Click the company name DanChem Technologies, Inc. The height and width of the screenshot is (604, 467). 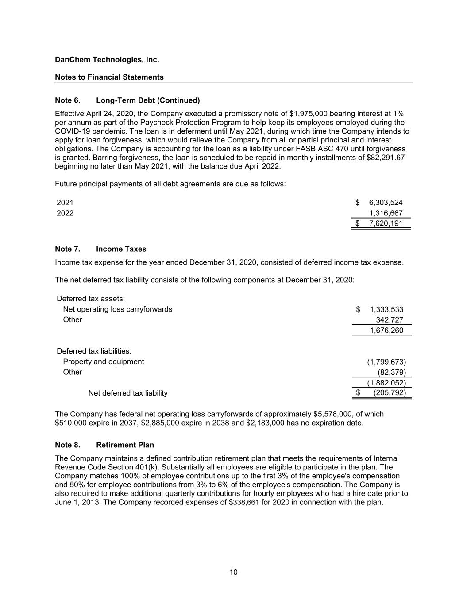tap(107, 59)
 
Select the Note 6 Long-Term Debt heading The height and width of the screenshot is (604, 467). tap(127, 100)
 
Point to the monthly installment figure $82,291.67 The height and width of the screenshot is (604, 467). tap(386, 158)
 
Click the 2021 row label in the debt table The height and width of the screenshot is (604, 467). tap(65, 203)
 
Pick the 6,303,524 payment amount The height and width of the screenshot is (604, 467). tap(386, 203)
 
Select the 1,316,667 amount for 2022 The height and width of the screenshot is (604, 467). tap(386, 213)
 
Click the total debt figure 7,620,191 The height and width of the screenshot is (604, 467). tap(386, 223)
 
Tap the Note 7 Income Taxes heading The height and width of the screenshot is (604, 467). tap(100, 249)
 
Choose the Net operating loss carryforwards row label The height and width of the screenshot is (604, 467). tap(117, 309)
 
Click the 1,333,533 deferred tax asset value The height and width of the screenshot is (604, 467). tap(386, 310)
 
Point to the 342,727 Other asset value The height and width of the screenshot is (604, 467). tap(390, 320)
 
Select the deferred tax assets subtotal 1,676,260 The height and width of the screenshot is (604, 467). tap(386, 331)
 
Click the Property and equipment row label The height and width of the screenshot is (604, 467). tap(103, 362)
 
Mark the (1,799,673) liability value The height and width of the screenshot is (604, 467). tap(386, 362)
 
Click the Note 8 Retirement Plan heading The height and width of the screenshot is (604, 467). tap(104, 445)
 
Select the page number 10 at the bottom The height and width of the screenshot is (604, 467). tap(233, 573)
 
